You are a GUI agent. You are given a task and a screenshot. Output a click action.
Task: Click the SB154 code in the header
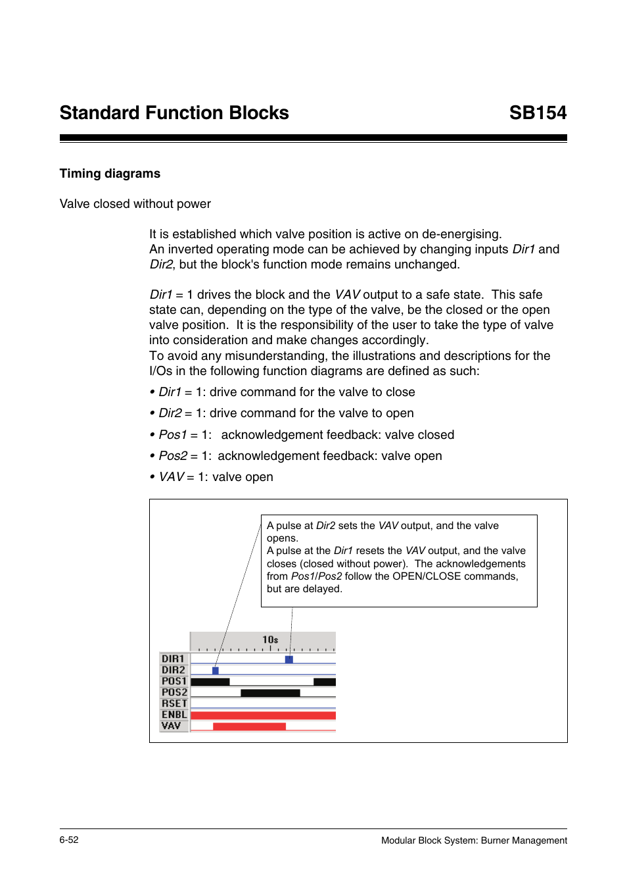[x=537, y=113]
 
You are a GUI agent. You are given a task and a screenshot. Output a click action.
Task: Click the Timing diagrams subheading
[x=110, y=174]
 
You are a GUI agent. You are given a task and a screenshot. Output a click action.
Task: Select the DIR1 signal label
[x=174, y=659]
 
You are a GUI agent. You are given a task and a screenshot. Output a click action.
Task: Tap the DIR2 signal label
[x=174, y=670]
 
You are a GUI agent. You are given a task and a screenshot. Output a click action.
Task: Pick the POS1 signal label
[x=174, y=681]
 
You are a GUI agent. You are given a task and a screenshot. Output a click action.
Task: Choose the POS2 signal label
[x=174, y=692]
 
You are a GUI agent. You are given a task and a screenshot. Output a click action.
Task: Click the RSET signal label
[x=174, y=703]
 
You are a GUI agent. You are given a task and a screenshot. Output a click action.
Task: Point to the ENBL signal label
[x=174, y=715]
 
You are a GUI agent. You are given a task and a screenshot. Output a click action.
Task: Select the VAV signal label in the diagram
[x=172, y=726]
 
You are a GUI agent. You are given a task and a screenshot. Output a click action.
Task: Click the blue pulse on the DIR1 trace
[x=289, y=659]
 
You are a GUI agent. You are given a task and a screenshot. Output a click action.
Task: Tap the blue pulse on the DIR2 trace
[x=216, y=671]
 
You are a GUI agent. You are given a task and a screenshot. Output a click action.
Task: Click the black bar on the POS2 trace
[x=270, y=693]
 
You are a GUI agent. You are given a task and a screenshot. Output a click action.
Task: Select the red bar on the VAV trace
[x=249, y=726]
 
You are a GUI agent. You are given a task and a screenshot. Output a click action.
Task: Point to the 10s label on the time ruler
[x=270, y=640]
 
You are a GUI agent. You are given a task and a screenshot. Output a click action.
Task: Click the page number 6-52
[x=69, y=840]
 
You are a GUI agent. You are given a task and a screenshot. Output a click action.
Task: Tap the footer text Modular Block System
[x=474, y=840]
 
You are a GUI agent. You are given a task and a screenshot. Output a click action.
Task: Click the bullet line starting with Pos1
[x=306, y=435]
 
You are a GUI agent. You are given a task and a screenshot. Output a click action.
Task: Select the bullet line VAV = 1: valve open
[x=216, y=477]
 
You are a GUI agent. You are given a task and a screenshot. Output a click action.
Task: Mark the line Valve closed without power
[x=135, y=204]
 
